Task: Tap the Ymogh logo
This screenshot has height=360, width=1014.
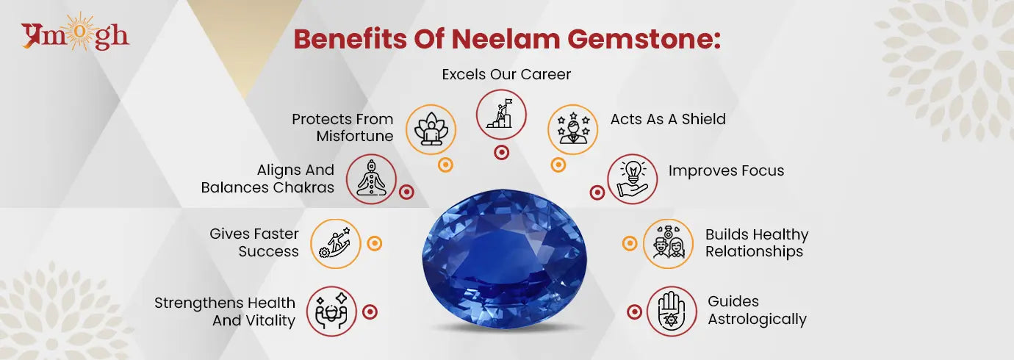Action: (x=75, y=35)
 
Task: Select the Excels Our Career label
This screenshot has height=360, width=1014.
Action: (x=506, y=74)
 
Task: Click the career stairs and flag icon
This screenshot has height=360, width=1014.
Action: (x=501, y=115)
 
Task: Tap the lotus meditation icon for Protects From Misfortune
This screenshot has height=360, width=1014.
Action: (x=431, y=129)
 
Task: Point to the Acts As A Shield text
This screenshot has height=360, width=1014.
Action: (x=668, y=119)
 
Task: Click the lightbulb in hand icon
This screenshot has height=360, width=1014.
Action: (x=632, y=179)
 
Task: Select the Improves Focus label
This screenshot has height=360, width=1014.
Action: (x=726, y=170)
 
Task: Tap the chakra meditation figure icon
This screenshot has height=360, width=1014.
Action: (x=371, y=179)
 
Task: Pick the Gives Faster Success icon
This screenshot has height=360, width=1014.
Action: (x=335, y=243)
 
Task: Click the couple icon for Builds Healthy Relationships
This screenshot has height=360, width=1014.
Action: (x=668, y=243)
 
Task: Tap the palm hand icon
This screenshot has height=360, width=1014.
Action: (x=672, y=311)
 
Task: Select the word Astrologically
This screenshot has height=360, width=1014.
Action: (x=757, y=319)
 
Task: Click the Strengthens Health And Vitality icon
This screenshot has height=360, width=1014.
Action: (x=331, y=311)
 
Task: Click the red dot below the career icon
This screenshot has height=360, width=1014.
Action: (x=501, y=153)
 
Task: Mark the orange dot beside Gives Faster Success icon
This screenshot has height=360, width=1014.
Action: (x=374, y=243)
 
